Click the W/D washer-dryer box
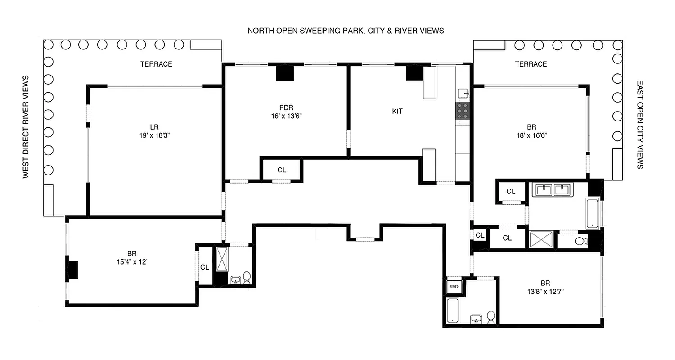tap(453, 287)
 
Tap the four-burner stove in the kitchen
tap(462, 111)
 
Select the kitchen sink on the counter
tap(463, 93)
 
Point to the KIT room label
tap(397, 112)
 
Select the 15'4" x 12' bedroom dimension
tap(132, 261)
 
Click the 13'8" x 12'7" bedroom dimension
tap(545, 291)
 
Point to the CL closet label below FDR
tap(282, 170)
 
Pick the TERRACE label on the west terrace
tap(156, 64)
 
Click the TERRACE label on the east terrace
tap(531, 64)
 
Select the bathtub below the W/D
tap(453, 310)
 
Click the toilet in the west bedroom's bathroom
tap(247, 278)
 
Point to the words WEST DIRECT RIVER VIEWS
tap(26, 126)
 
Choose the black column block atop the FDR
tap(284, 72)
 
